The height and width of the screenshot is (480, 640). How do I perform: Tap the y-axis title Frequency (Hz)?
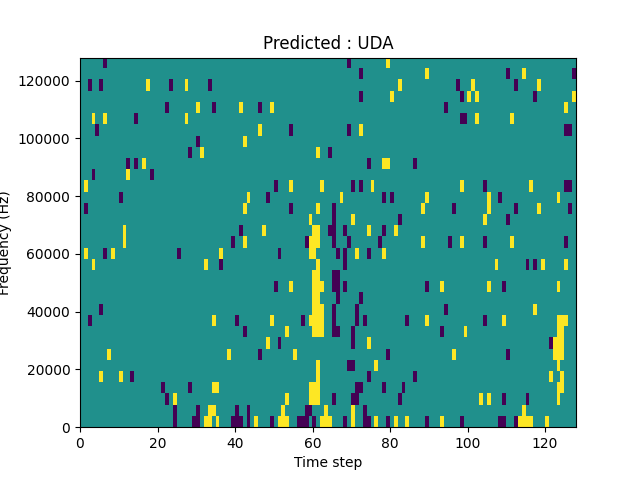(6, 243)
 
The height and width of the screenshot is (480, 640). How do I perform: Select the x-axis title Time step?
(328, 462)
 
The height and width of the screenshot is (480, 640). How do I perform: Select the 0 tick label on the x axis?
(80, 442)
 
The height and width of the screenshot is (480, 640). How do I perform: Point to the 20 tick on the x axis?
(158, 442)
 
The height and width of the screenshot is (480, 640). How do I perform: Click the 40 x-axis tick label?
(235, 442)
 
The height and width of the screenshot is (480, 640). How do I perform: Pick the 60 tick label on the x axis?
(313, 442)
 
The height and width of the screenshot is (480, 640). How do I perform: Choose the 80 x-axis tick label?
(390, 442)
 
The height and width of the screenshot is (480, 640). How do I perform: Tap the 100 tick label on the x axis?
(468, 442)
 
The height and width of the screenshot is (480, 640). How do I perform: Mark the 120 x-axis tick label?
(545, 442)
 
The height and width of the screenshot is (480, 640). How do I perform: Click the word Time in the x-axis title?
(310, 462)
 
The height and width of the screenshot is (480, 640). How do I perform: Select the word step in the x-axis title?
(346, 462)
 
